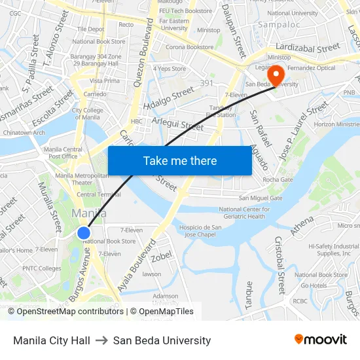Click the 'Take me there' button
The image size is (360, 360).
click(180, 161)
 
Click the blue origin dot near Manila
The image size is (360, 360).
click(84, 233)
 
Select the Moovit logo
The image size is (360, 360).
click(320, 340)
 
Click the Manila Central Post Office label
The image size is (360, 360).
click(63, 153)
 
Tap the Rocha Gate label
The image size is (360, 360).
click(278, 179)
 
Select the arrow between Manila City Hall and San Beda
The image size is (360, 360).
click(101, 340)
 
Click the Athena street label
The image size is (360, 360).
click(302, 226)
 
